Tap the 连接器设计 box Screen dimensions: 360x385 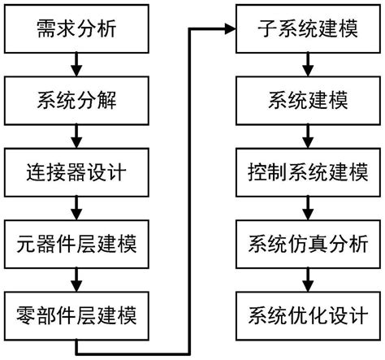point(76,173)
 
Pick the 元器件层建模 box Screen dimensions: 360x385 point(76,242)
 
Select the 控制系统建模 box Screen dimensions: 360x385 point(305,173)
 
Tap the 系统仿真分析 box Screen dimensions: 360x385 point(305,242)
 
